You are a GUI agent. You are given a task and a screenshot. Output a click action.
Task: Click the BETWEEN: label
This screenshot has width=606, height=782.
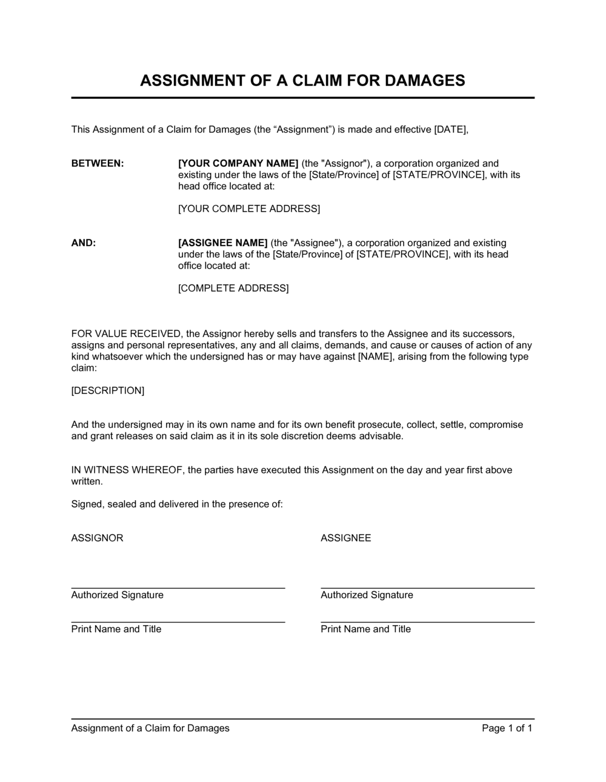pyautogui.click(x=98, y=163)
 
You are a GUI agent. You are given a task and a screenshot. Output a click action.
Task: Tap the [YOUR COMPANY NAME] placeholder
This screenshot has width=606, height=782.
pyautogui.click(x=238, y=163)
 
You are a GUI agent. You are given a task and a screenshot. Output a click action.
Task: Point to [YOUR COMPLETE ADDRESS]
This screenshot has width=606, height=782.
pyautogui.click(x=248, y=209)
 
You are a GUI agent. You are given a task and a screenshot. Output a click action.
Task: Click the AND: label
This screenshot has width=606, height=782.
pyautogui.click(x=84, y=242)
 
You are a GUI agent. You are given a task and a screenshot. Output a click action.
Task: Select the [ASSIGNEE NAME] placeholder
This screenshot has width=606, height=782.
pyautogui.click(x=222, y=242)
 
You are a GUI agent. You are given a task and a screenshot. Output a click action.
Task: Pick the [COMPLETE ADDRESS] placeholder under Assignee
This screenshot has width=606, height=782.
pyautogui.click(x=233, y=288)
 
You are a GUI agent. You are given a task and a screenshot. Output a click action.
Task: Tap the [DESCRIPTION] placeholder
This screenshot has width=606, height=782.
pyautogui.click(x=108, y=390)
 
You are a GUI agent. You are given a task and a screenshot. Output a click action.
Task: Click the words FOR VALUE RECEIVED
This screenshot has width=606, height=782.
pyautogui.click(x=126, y=333)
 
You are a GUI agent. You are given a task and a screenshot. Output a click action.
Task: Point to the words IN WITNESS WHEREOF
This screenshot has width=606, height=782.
pyautogui.click(x=127, y=470)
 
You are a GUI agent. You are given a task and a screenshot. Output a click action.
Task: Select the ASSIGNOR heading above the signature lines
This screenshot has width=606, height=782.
pyautogui.click(x=97, y=538)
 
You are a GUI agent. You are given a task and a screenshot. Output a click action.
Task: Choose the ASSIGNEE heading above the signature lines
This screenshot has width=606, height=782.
pyautogui.click(x=345, y=538)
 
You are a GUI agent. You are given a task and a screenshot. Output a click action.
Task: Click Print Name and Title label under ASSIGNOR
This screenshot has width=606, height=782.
pyautogui.click(x=116, y=629)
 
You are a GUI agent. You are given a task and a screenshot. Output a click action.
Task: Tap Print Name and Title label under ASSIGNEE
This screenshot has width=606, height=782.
pyautogui.click(x=365, y=629)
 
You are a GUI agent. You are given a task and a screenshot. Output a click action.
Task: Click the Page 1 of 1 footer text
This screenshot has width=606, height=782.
pyautogui.click(x=507, y=728)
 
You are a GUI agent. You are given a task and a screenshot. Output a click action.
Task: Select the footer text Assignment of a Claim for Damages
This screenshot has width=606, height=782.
pyautogui.click(x=150, y=728)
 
